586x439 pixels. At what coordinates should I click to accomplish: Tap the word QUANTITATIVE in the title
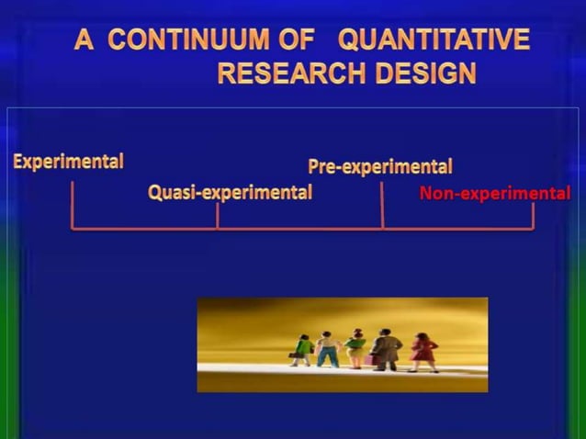(x=434, y=40)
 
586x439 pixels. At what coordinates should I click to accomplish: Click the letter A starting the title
(x=85, y=40)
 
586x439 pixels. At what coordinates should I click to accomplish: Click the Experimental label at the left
(x=68, y=162)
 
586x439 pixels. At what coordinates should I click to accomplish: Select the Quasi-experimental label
(x=230, y=193)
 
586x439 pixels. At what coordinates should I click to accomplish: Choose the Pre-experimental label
(x=379, y=167)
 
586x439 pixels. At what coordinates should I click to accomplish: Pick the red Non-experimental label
(x=494, y=194)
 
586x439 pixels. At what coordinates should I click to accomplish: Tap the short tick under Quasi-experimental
(x=217, y=216)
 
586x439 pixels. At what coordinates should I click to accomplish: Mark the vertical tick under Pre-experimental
(x=381, y=205)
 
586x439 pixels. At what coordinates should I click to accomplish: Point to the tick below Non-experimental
(x=532, y=216)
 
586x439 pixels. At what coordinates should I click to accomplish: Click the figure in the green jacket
(x=303, y=350)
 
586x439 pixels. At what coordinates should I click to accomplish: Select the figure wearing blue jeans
(x=327, y=350)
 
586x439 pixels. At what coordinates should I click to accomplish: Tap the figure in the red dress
(x=423, y=352)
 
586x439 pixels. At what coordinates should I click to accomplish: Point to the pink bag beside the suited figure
(x=369, y=358)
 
